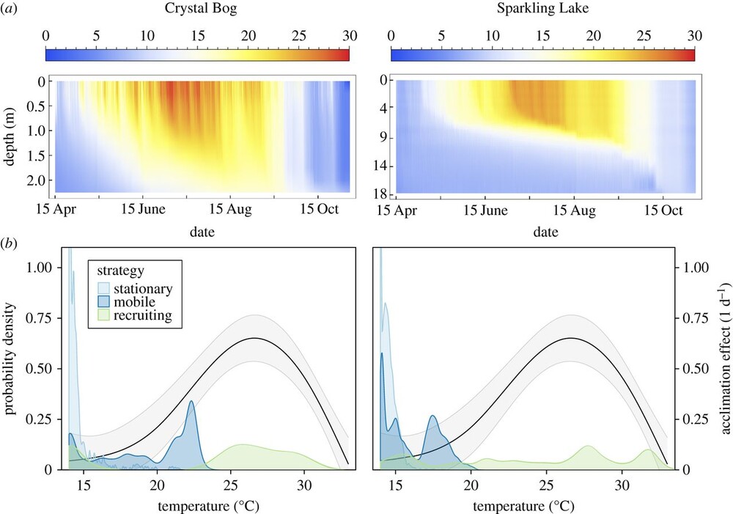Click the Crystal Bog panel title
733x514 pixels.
pos(197,12)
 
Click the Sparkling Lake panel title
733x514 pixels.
pos(542,12)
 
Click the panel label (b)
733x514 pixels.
pos(12,240)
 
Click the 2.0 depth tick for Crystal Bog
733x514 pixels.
pos(36,179)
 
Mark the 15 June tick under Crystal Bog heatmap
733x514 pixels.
pos(142,210)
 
